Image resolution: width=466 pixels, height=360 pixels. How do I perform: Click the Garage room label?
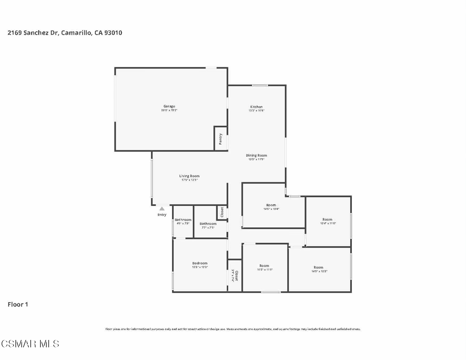click(169, 106)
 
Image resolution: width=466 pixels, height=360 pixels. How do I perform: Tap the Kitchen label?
click(256, 107)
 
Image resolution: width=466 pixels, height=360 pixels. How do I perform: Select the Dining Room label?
click(256, 155)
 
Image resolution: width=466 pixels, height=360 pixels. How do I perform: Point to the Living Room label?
click(189, 176)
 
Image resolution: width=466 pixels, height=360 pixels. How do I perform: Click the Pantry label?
click(221, 139)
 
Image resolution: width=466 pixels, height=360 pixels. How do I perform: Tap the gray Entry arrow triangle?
click(162, 209)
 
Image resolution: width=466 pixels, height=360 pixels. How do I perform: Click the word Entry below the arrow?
click(162, 215)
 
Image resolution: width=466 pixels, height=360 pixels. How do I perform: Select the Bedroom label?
click(200, 263)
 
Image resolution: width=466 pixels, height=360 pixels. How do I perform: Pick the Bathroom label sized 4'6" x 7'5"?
click(183, 220)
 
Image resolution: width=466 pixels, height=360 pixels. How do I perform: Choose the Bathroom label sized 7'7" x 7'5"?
click(208, 224)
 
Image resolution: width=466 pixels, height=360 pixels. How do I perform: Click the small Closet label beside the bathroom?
click(222, 212)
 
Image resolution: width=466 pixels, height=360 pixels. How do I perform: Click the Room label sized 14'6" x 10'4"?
click(271, 205)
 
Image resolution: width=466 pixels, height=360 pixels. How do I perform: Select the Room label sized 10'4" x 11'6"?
click(327, 219)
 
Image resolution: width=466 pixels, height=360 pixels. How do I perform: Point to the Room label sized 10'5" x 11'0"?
click(264, 266)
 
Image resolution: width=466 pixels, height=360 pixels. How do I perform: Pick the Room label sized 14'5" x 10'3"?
click(318, 267)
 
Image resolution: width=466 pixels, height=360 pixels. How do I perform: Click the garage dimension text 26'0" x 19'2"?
click(169, 110)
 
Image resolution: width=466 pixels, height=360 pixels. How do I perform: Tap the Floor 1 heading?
click(18, 304)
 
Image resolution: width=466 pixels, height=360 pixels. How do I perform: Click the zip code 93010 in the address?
click(113, 33)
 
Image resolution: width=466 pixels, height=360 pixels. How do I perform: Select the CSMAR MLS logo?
click(30, 344)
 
